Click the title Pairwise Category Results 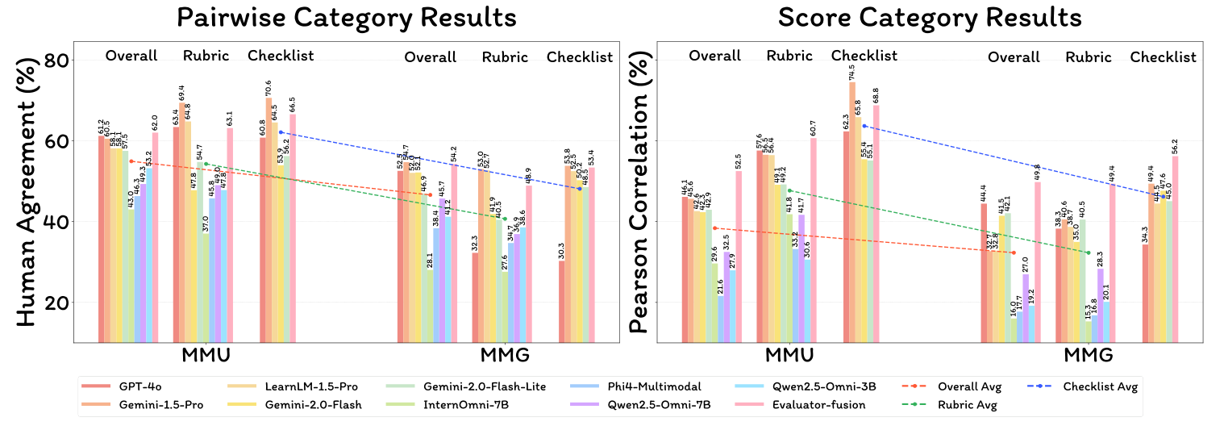pyautogui.click(x=346, y=17)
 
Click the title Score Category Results pyautogui.click(x=930, y=17)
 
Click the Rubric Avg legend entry pyautogui.click(x=968, y=404)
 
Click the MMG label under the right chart pyautogui.click(x=1089, y=356)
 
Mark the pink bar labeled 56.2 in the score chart pyautogui.click(x=1176, y=249)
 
